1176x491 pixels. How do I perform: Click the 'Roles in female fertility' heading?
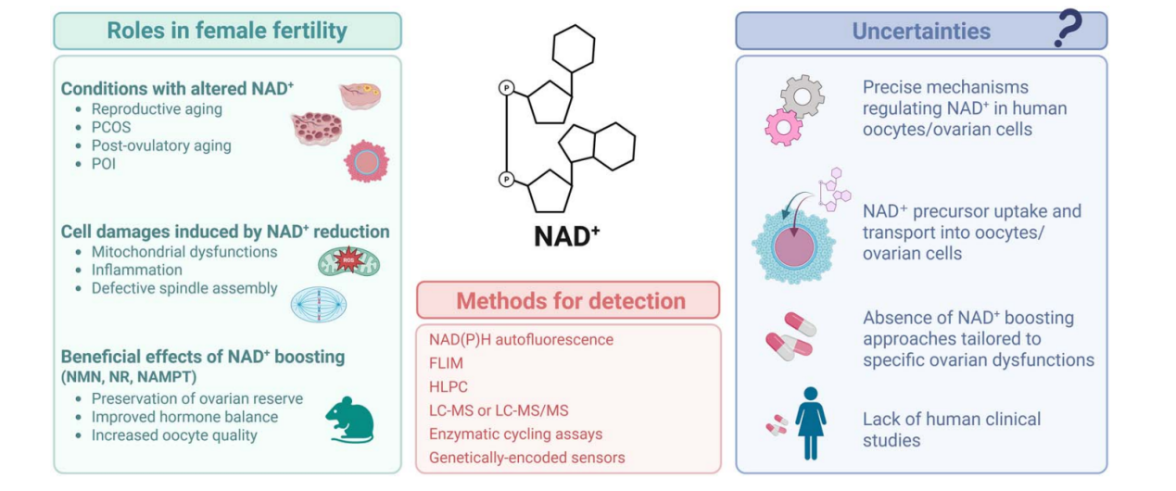227,31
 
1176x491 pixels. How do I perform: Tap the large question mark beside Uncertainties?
1069,31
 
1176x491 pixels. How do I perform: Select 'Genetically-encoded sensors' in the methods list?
526,457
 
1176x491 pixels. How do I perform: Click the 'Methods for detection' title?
570,301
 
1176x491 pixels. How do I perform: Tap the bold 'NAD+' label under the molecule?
566,236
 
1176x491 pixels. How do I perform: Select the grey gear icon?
802,96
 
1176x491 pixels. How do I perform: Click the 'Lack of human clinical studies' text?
951,430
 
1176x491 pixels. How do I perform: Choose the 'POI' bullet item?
104,164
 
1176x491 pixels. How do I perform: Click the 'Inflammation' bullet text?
137,270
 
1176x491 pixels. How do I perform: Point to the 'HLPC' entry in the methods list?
449,386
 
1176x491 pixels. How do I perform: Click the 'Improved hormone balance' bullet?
184,417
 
